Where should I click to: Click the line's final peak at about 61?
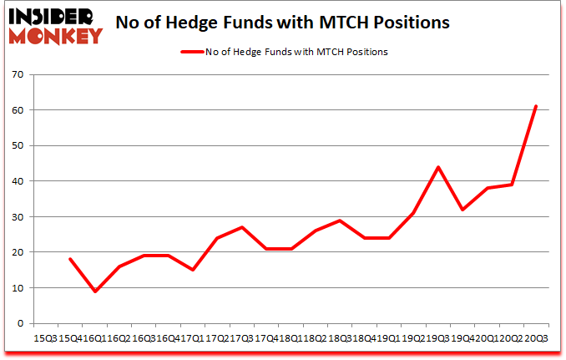point(536,107)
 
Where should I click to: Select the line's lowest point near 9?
point(94,292)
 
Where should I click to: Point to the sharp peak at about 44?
point(437,167)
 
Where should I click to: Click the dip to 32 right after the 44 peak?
point(462,210)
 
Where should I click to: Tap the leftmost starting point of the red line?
point(69,259)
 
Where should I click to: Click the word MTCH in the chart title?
point(361,23)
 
